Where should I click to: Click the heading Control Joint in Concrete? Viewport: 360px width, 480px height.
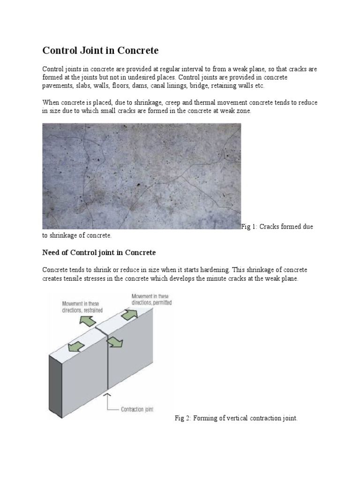pos(101,50)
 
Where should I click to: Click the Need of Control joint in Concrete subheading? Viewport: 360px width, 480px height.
pos(99,253)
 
